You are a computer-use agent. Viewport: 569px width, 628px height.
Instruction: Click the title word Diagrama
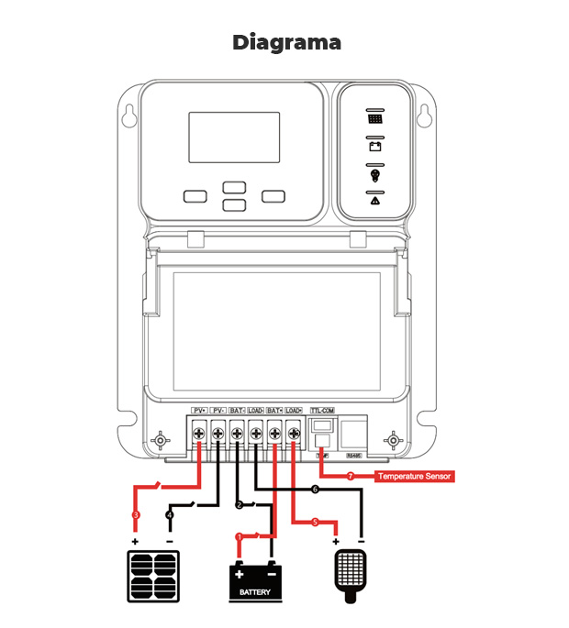point(285,42)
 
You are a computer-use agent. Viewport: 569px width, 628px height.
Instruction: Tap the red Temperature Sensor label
point(415,477)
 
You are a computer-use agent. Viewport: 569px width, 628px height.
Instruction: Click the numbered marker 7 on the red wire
point(350,477)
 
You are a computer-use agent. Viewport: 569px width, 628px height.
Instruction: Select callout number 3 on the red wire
point(136,515)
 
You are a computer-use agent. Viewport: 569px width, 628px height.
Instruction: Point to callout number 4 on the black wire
point(169,515)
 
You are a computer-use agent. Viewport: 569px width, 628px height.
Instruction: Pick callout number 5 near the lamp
point(314,523)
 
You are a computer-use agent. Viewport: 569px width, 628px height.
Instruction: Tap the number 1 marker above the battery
point(240,536)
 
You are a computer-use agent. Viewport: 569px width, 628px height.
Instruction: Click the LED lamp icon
point(349,576)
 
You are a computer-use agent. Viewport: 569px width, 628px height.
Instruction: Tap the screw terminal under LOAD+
point(293,431)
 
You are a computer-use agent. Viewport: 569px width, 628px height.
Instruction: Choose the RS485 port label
point(352,455)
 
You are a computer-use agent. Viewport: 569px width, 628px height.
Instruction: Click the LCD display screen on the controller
point(234,138)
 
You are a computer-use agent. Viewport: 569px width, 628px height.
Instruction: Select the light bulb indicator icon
point(374,175)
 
